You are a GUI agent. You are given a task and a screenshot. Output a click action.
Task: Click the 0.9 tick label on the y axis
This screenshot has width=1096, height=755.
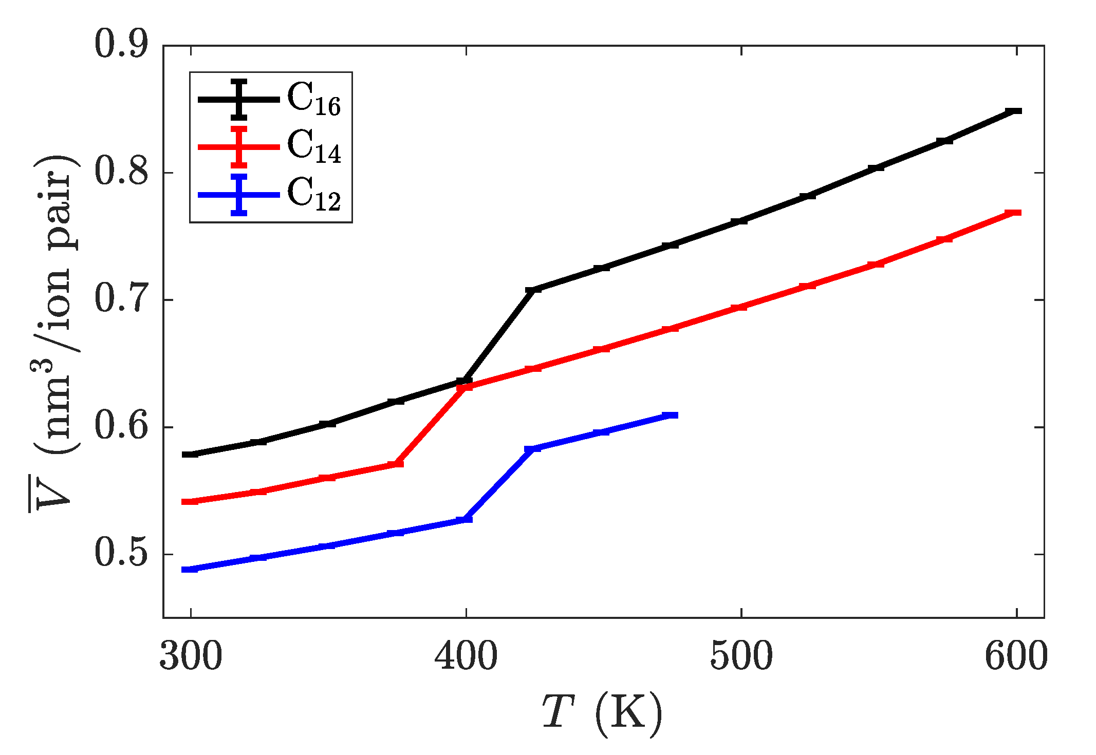click(x=121, y=45)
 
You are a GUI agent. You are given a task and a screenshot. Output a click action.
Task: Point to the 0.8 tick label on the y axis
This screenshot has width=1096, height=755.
click(x=121, y=172)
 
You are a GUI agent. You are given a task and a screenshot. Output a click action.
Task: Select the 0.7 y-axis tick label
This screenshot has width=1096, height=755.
click(x=121, y=299)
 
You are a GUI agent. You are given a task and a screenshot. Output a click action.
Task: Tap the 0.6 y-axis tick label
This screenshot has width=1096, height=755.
click(x=121, y=427)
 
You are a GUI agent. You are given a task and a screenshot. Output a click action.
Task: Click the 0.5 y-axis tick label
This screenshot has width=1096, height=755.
click(x=121, y=554)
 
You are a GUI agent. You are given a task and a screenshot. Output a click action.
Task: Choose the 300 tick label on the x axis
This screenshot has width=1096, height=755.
click(x=191, y=657)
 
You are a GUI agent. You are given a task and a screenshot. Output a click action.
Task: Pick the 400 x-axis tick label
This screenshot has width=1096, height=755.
click(x=466, y=657)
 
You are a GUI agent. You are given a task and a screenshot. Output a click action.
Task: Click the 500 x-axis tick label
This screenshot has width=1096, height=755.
click(x=741, y=657)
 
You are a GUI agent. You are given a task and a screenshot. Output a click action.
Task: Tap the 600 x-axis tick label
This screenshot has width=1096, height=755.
click(x=1016, y=657)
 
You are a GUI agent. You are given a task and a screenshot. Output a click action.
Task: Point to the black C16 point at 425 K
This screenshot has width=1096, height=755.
click(x=534, y=290)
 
